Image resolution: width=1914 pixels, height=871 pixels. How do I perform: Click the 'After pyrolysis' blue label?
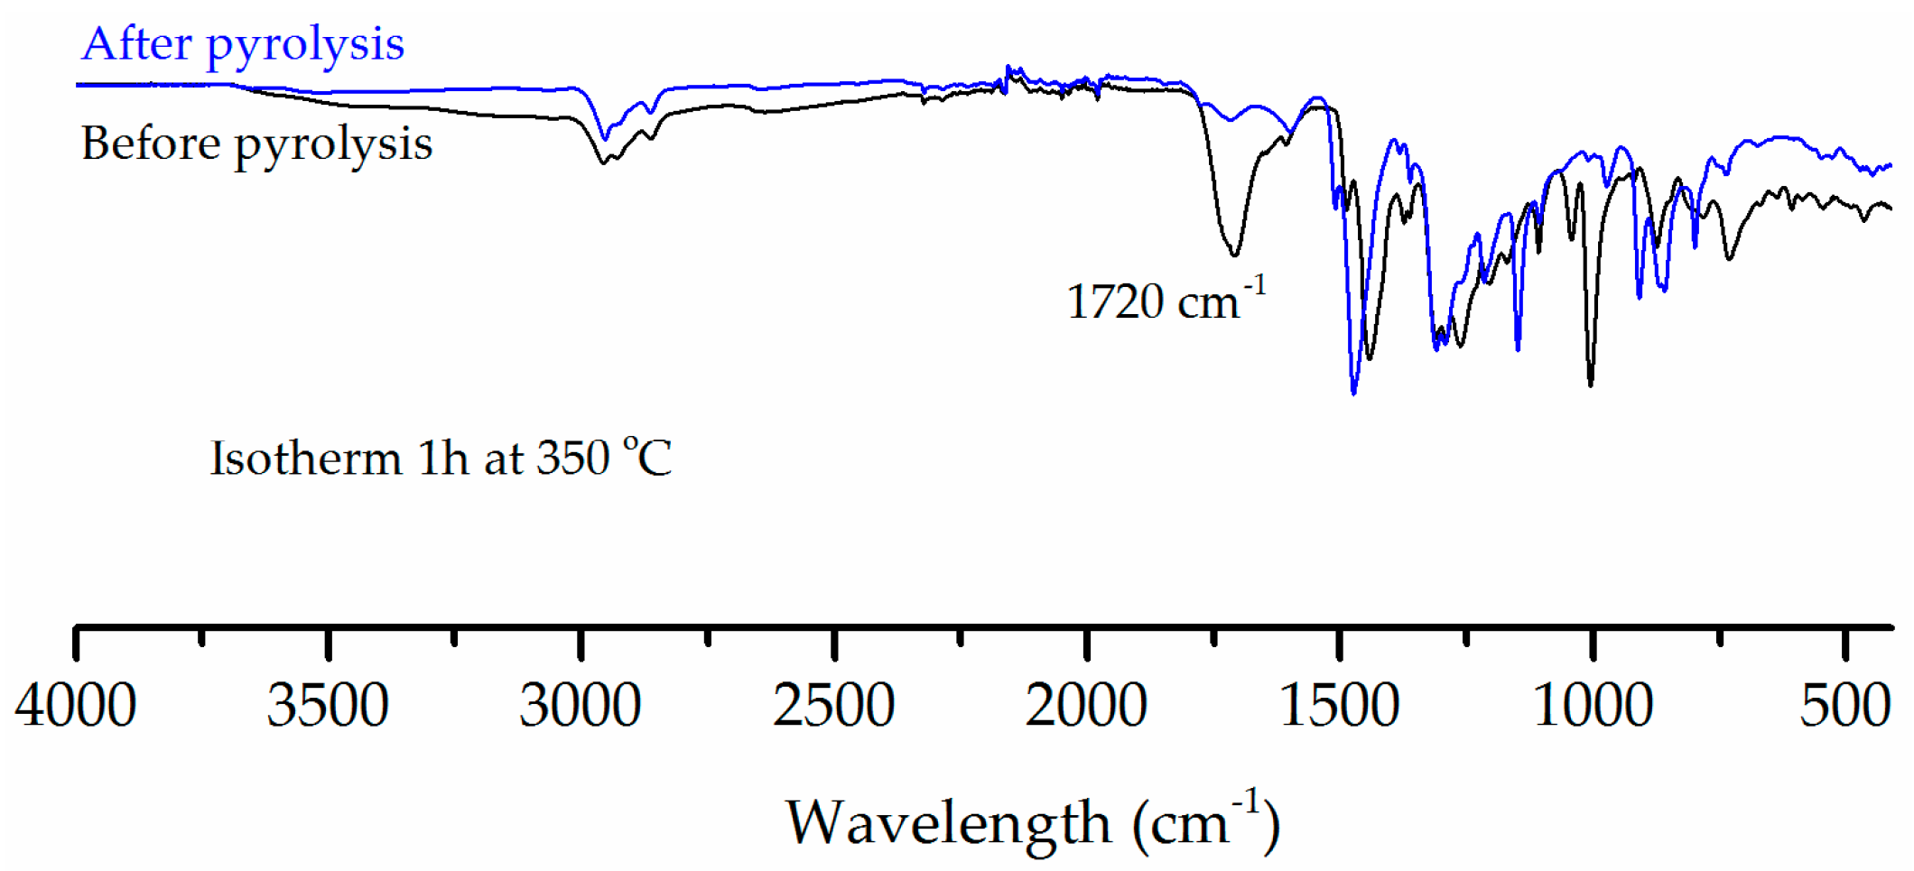[x=242, y=44]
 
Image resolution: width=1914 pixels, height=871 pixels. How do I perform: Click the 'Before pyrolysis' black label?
[x=256, y=144]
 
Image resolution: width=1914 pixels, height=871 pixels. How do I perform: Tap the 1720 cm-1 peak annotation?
[x=1165, y=301]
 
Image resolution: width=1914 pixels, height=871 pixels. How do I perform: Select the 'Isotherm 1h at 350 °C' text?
[x=441, y=458]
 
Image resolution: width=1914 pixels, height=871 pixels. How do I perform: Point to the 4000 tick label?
[x=76, y=705]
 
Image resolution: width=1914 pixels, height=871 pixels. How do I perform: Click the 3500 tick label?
[x=328, y=705]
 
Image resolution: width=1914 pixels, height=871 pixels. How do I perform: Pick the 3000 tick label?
[x=581, y=705]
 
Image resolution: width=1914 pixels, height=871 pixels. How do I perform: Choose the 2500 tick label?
[x=833, y=705]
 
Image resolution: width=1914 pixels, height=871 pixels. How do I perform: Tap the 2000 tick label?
[x=1086, y=705]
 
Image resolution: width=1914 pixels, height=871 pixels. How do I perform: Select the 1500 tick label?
[x=1340, y=705]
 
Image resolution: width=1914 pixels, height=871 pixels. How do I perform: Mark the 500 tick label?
[x=1844, y=705]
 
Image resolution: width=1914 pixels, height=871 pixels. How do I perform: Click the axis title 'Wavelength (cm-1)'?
[x=1032, y=822]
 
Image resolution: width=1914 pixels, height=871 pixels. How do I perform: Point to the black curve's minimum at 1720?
[x=1234, y=255]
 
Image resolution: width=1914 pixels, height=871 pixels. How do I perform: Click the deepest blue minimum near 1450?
[x=1353, y=393]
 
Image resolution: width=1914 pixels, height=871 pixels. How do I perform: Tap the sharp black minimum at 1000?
[x=1591, y=385]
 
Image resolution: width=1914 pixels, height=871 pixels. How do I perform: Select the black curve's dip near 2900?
[x=603, y=162]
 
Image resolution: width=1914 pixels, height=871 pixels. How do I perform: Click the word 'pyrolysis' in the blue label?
[x=305, y=45]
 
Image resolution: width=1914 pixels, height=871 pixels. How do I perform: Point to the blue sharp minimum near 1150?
[x=1518, y=348]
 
